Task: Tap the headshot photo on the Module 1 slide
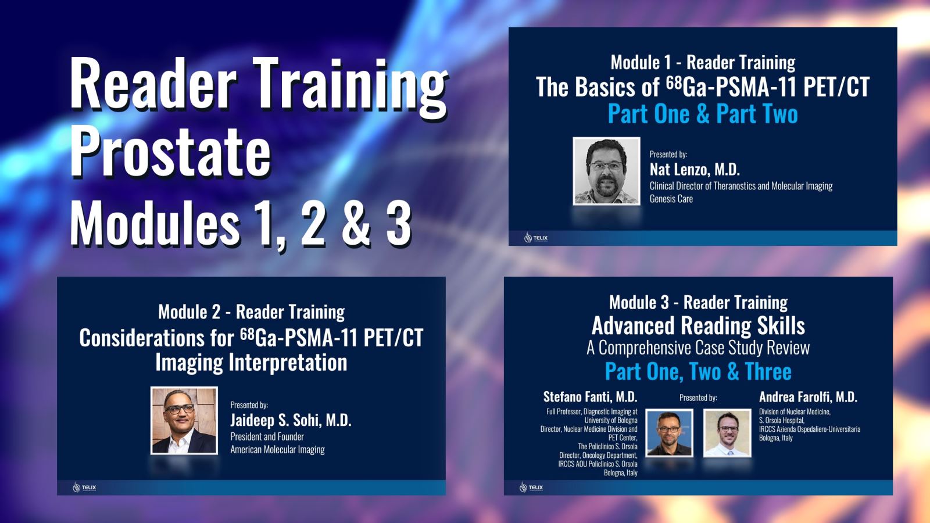[606, 171]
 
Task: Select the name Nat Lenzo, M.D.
[695, 170]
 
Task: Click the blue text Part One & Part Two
[702, 114]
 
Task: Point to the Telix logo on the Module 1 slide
[535, 238]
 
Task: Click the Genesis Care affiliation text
[671, 199]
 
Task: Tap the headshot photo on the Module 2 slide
[184, 420]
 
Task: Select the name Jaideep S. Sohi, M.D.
[291, 420]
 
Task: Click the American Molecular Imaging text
[277, 449]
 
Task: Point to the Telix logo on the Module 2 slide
[84, 487]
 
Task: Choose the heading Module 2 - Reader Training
[251, 312]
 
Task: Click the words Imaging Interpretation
[251, 363]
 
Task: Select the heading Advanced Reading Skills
[698, 325]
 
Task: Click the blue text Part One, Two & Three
[698, 371]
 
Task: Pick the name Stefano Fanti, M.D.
[590, 397]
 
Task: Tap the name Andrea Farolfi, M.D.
[808, 397]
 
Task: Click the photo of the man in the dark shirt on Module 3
[670, 433]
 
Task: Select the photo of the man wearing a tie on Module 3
[727, 433]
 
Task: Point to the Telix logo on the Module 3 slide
[531, 487]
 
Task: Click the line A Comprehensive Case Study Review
[698, 348]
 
